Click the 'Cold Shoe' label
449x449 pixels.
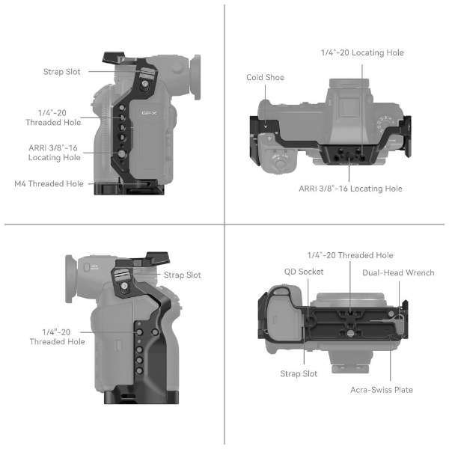pos(265,77)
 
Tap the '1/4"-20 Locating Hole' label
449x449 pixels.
pos(362,52)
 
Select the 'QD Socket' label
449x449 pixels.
pos(304,272)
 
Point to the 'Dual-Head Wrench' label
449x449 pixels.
pos(398,272)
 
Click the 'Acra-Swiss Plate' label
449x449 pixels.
pos(382,390)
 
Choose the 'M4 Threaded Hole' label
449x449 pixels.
pos(49,183)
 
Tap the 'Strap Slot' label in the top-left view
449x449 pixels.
pos(62,72)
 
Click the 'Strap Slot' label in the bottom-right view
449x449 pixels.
pos(299,373)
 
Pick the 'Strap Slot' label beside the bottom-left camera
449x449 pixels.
pos(183,275)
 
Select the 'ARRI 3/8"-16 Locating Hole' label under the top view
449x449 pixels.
pos(350,189)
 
